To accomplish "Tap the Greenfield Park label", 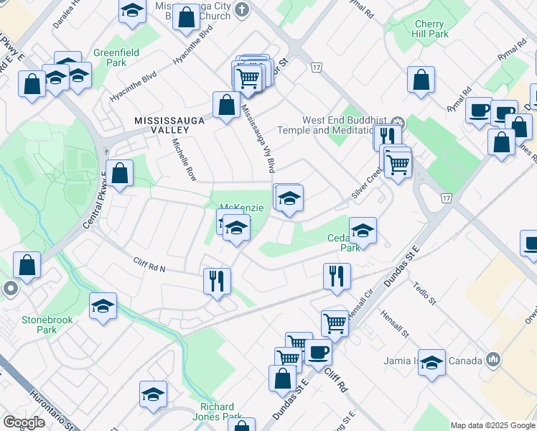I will point(110,57).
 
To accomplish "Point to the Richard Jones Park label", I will point(217,411).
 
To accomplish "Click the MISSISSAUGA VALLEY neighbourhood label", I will point(162,125).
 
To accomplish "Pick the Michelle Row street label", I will point(184,159).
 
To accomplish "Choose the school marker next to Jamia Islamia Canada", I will point(432,362).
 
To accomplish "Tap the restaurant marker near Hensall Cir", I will point(335,274).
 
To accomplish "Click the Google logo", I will point(24,422).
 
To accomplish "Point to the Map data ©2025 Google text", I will point(492,425).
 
